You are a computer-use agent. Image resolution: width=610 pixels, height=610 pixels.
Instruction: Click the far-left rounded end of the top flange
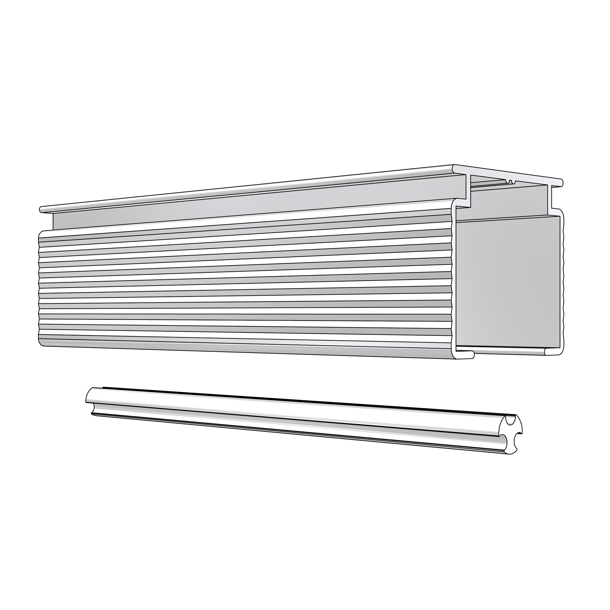[x=41, y=209]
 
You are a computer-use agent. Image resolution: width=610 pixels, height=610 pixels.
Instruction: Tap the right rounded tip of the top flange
[x=561, y=182]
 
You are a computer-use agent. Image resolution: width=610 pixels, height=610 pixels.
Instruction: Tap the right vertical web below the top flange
[x=549, y=197]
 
